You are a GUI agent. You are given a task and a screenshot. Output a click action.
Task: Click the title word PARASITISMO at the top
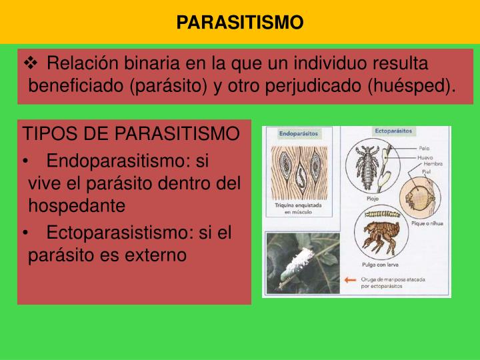click(240, 22)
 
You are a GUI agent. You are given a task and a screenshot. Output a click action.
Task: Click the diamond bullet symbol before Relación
click(32, 64)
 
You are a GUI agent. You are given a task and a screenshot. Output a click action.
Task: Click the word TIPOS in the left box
click(45, 133)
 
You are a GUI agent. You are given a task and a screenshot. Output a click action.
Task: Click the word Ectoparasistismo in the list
click(120, 232)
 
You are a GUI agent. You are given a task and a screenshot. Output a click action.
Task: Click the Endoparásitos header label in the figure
click(299, 134)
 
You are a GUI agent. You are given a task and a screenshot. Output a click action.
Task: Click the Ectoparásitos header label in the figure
click(394, 131)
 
